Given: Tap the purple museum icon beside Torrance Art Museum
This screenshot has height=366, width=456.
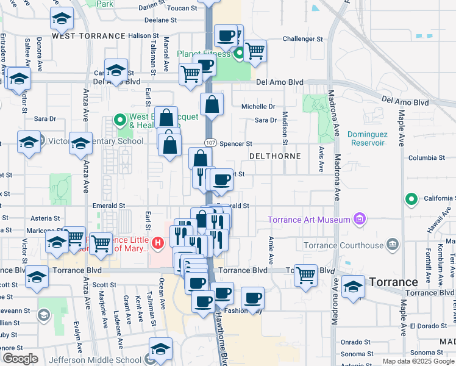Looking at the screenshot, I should (x=360, y=219).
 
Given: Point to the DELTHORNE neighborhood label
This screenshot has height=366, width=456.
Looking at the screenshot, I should (x=275, y=156).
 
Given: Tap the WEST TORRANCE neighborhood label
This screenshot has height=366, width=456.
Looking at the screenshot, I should (x=88, y=36).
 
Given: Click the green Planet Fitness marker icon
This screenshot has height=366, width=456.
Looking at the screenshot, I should (x=240, y=53).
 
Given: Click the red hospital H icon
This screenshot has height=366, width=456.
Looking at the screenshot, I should (x=157, y=245).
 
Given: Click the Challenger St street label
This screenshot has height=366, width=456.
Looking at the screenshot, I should (x=302, y=39).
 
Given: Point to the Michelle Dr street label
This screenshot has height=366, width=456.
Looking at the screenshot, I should (x=258, y=106).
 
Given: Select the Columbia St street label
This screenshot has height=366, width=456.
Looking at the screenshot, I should (x=422, y=158).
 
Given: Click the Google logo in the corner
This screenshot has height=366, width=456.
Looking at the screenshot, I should (x=20, y=359).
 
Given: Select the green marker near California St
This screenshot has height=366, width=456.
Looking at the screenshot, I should (x=411, y=198).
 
